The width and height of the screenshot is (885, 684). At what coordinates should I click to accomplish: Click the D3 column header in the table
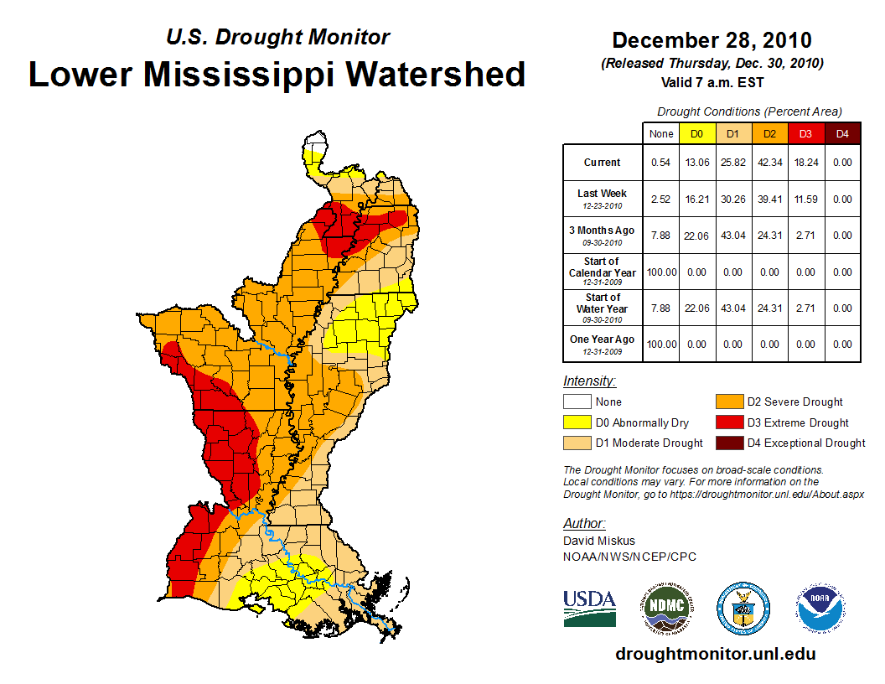805,133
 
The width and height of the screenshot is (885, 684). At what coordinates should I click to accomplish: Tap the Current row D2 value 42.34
769,163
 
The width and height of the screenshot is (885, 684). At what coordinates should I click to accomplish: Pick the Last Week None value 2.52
660,199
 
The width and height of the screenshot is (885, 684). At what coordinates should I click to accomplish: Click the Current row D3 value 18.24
805,163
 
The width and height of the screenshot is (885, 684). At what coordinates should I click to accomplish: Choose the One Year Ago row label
603,340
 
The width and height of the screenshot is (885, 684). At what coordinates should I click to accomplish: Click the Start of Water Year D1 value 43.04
732,308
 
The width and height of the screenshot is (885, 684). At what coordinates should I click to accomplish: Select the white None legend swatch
577,402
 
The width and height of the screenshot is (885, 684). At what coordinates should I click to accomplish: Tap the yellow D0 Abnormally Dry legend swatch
577,422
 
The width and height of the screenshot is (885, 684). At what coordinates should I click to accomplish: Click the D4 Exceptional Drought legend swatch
729,443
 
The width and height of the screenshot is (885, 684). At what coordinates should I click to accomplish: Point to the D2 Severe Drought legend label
794,402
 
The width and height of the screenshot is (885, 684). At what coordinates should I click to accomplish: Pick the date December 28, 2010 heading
712,40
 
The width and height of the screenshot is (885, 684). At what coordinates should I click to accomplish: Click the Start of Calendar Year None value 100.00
660,272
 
